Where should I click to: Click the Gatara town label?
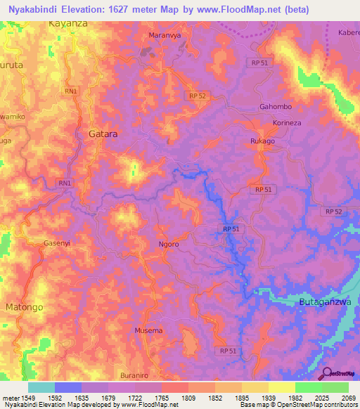(x=103, y=133)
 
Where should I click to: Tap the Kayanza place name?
(x=69, y=23)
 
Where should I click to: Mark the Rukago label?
(x=262, y=141)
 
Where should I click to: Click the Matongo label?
(x=25, y=308)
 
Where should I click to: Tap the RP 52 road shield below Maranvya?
(x=198, y=96)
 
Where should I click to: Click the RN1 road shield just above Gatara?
(x=71, y=91)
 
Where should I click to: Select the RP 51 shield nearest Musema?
(x=227, y=351)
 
